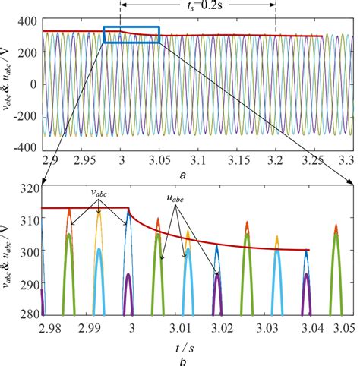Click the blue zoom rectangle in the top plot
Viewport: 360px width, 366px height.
pos(131,35)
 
